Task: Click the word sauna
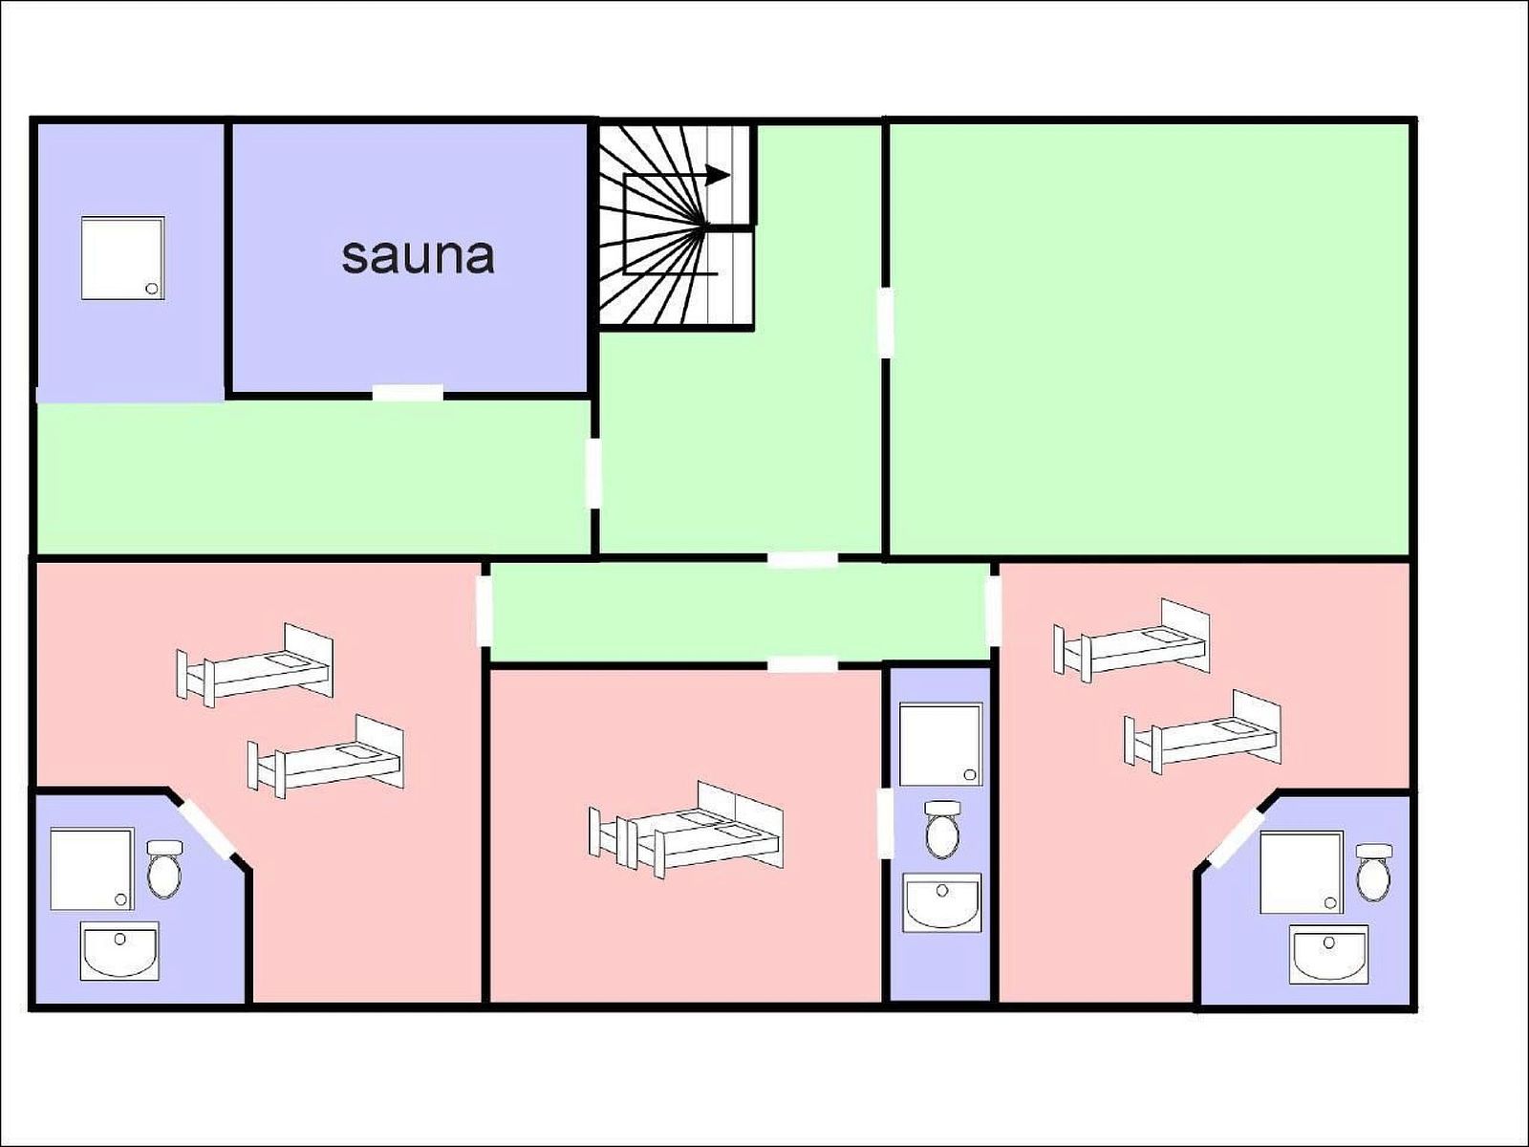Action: click(418, 256)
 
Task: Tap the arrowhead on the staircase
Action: click(719, 175)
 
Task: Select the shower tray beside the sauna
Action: click(123, 258)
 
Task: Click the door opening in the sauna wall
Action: click(407, 394)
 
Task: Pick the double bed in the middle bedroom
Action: click(686, 829)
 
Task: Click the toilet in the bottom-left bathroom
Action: click(165, 869)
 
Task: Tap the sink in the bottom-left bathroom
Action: click(119, 951)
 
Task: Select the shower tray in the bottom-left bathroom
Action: click(92, 869)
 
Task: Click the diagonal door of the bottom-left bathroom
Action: click(206, 829)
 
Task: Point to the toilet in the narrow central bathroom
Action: click(942, 829)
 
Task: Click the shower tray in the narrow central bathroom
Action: click(941, 745)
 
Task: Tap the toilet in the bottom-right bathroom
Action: click(1374, 874)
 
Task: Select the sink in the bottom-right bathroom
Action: click(1329, 954)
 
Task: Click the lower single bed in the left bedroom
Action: click(326, 756)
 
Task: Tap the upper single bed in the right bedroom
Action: click(1132, 640)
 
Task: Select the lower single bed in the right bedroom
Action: click(1203, 731)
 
